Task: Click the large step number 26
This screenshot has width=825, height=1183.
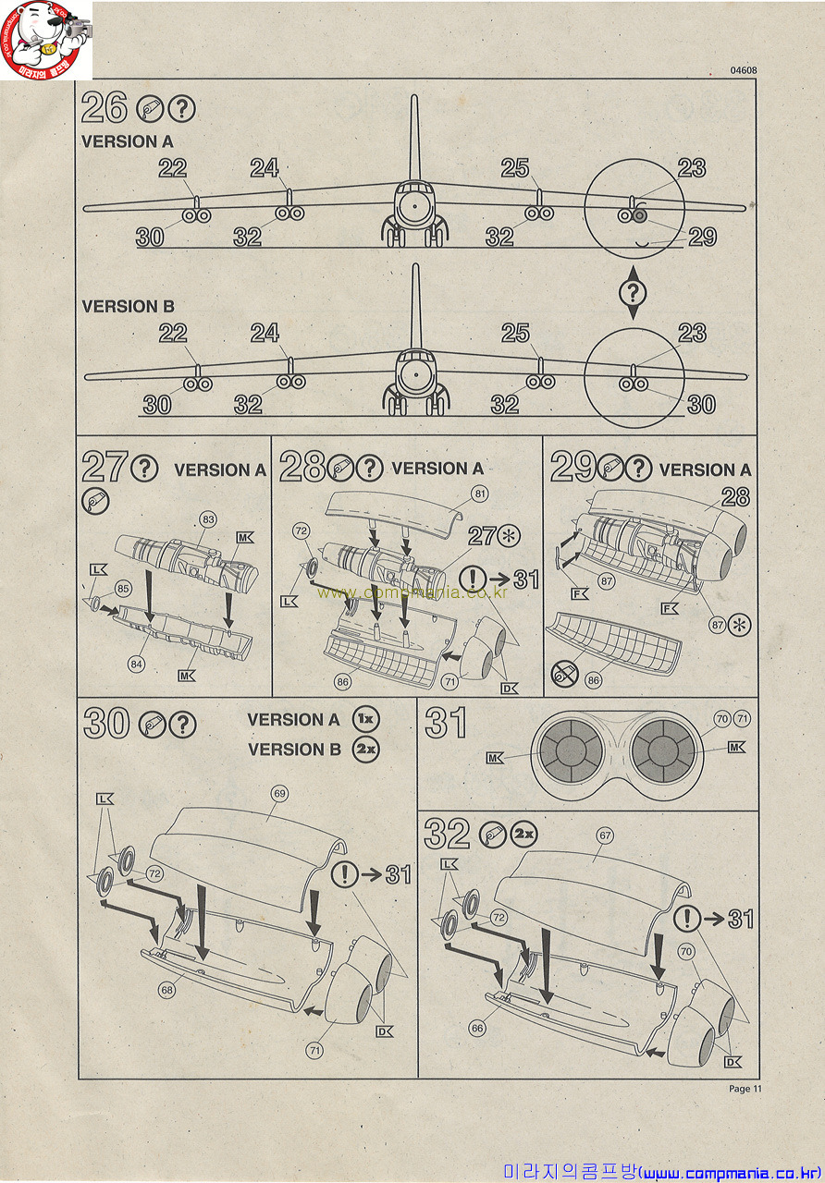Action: (x=105, y=107)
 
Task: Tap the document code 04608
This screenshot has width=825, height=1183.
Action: (x=744, y=70)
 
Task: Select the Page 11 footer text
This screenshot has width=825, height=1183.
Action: (x=745, y=1088)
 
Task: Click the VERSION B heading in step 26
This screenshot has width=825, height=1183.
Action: (x=128, y=306)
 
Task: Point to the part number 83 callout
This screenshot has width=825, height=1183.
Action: (x=209, y=519)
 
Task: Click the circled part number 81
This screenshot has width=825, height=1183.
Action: (x=480, y=494)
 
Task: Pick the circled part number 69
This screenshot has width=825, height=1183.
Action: (x=279, y=793)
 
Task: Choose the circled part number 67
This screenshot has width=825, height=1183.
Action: (x=605, y=835)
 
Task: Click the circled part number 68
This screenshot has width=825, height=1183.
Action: (x=167, y=989)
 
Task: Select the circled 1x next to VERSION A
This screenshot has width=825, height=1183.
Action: (x=366, y=719)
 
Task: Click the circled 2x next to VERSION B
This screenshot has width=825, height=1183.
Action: (x=366, y=749)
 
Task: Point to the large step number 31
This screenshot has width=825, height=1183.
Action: (x=446, y=723)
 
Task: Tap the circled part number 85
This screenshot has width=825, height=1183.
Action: (x=123, y=589)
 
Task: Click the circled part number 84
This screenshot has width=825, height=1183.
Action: (x=136, y=664)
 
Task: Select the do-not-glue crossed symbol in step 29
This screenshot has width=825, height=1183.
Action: (x=564, y=674)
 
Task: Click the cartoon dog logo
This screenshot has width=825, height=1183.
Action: (x=45, y=39)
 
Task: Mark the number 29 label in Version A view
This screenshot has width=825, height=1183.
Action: (x=702, y=238)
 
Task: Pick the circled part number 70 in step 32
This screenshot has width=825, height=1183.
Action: (x=686, y=952)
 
